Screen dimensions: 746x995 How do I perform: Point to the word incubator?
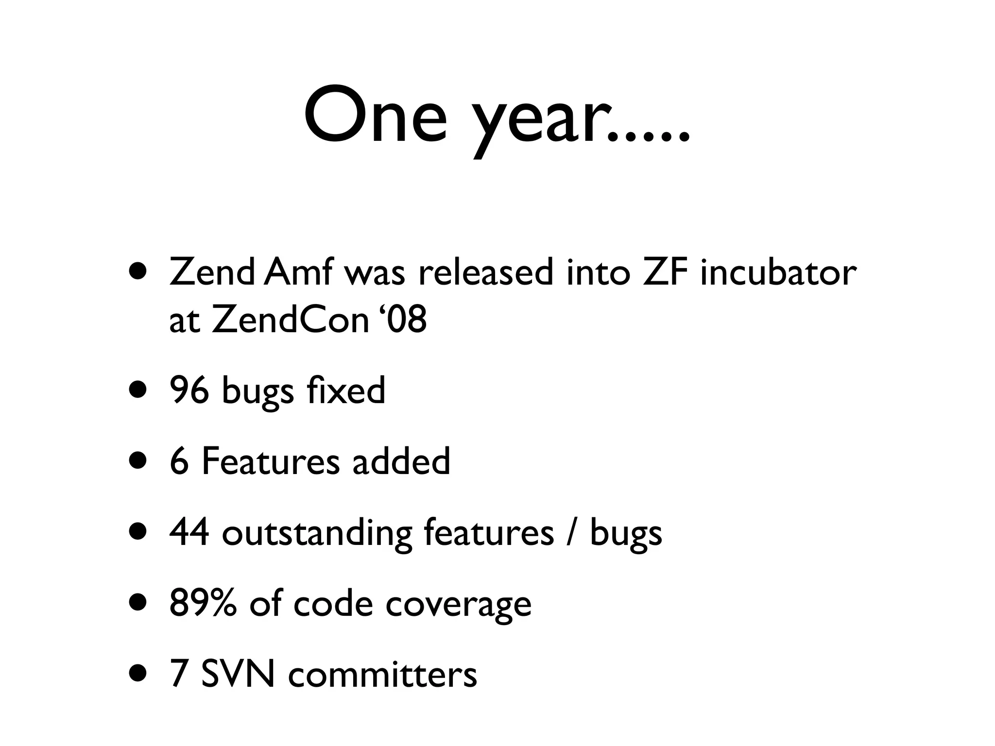pos(778,272)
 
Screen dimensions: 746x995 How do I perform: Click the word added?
pos(401,461)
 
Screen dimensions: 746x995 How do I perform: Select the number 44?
pos(189,532)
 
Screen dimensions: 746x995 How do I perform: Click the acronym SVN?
pos(238,674)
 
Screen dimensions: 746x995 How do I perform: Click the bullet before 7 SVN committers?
pos(137,675)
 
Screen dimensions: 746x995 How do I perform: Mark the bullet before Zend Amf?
pos(137,272)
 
